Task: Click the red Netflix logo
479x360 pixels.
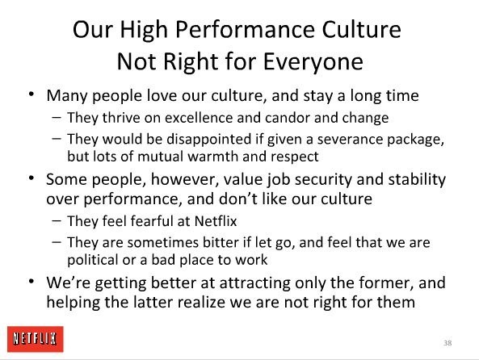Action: (x=36, y=339)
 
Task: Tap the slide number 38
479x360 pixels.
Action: (x=447, y=343)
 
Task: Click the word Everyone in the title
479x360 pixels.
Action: (x=313, y=62)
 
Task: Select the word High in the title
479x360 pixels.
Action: (x=144, y=30)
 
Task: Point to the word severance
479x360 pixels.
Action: (x=350, y=139)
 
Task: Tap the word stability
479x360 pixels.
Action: (x=417, y=179)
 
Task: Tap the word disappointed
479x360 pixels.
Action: (x=209, y=140)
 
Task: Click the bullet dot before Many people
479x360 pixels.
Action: (x=32, y=94)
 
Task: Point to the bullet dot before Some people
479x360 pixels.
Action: (x=32, y=178)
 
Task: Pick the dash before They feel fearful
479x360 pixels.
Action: (x=57, y=220)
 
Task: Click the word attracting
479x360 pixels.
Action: (x=254, y=283)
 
